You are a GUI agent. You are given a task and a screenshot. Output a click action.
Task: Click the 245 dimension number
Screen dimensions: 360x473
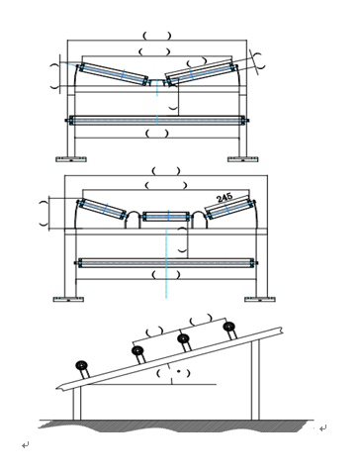click(x=225, y=198)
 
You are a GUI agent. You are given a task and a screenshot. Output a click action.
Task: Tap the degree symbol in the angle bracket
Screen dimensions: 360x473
click(x=178, y=371)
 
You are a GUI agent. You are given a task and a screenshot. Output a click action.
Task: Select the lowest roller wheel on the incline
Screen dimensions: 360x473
click(x=81, y=365)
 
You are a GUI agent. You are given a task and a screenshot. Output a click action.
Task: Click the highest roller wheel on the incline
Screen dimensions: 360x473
click(x=228, y=327)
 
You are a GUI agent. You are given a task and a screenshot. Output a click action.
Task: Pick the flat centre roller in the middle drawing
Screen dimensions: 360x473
click(x=166, y=217)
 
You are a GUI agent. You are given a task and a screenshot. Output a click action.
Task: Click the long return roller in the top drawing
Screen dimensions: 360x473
click(x=157, y=120)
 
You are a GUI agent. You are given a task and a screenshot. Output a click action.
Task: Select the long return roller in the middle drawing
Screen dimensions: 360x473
click(x=166, y=263)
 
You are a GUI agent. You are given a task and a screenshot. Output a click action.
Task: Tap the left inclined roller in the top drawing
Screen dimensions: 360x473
click(x=113, y=74)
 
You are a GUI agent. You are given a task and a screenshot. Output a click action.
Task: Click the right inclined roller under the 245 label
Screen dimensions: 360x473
click(x=230, y=209)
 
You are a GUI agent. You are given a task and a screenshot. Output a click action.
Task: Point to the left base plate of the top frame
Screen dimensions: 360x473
click(x=71, y=159)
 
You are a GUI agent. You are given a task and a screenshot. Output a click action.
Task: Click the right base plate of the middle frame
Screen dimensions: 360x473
click(x=260, y=299)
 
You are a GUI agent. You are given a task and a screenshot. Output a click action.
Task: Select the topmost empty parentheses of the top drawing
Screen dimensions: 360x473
click(x=157, y=36)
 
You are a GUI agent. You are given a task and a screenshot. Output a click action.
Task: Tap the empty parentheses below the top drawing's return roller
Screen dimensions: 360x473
click(x=157, y=134)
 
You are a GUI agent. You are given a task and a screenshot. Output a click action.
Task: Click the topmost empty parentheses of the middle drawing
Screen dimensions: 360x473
click(x=166, y=171)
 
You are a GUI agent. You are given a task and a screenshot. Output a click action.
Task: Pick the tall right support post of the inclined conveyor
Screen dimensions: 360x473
click(x=255, y=379)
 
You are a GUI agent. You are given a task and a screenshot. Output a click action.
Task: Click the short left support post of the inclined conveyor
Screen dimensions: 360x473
click(x=77, y=403)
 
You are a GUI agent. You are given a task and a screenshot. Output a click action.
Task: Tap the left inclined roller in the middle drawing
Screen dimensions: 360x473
click(x=102, y=209)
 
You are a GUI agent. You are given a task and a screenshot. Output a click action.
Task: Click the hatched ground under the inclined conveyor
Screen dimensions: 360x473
click(x=171, y=426)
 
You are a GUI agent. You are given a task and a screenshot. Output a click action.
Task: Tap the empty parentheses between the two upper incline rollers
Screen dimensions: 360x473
click(x=200, y=319)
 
